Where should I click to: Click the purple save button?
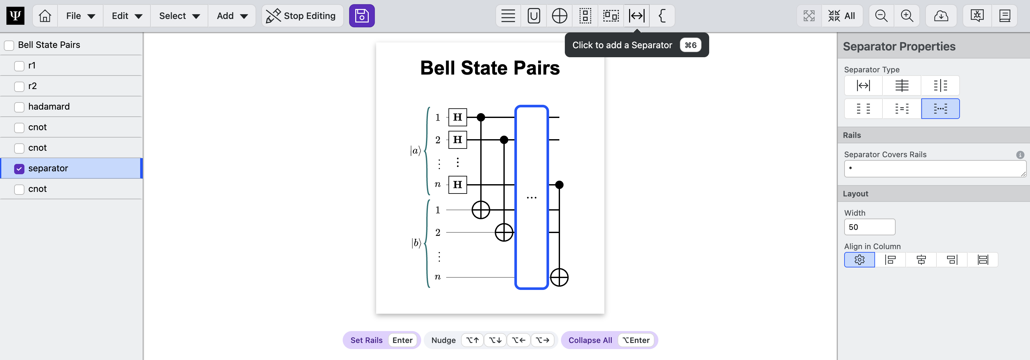361,16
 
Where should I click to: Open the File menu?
80,16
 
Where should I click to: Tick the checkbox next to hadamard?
19,107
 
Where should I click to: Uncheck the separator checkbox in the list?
19,169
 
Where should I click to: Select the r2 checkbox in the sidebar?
19,86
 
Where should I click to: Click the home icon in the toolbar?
45,16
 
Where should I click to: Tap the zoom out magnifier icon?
881,16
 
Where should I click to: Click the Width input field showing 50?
869,227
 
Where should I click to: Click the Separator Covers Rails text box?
935,169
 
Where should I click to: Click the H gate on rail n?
457,185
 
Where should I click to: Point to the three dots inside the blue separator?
531,198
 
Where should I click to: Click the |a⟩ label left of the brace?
415,151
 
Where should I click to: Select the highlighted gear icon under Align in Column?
859,260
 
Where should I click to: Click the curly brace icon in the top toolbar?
662,16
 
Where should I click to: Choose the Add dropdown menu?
232,16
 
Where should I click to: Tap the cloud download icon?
941,16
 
